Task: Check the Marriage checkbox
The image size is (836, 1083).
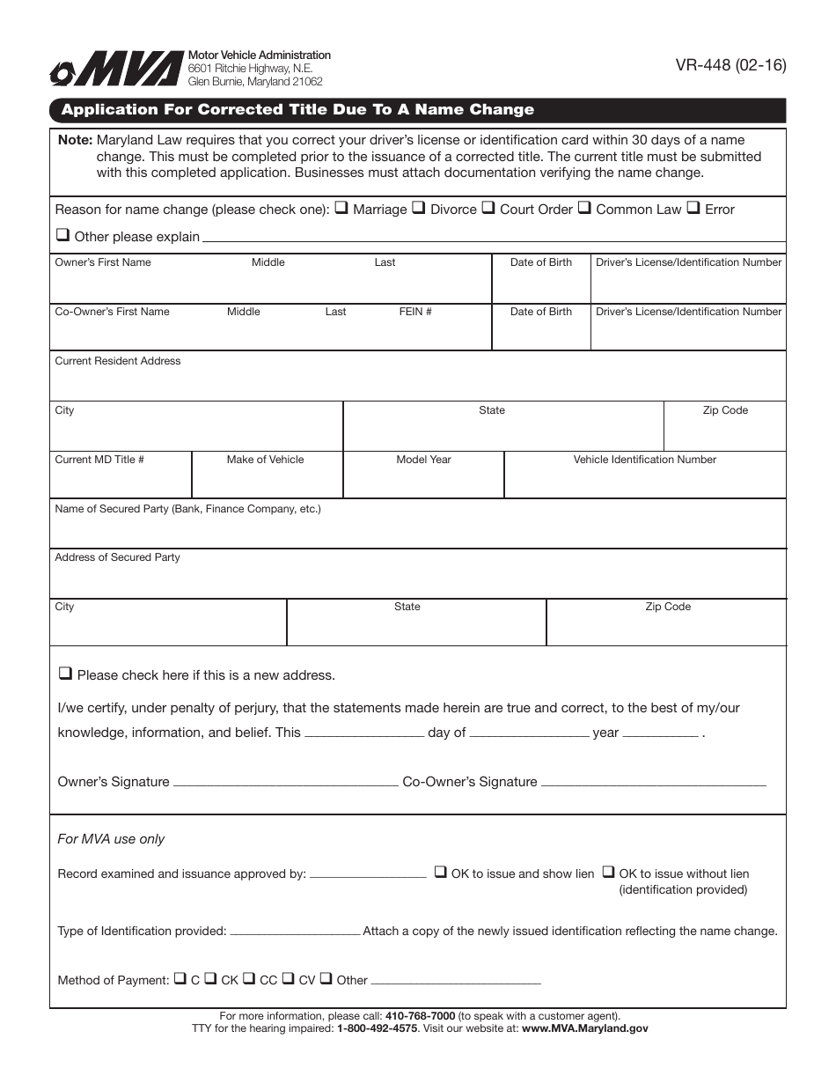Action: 341,209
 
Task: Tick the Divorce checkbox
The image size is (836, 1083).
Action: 419,209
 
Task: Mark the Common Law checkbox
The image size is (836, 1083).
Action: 584,209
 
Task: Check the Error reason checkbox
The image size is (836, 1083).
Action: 693,209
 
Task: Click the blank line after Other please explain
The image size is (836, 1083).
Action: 493,239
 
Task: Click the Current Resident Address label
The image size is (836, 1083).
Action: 118,361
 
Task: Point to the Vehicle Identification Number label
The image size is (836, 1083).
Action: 644,460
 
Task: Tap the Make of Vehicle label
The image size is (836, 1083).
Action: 265,460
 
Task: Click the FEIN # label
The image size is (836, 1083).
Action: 415,312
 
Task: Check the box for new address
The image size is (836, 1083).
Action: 64,674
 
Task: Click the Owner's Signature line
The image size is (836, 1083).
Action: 285,783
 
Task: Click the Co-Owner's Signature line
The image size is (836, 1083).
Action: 652,783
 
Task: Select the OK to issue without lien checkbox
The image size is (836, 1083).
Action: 608,873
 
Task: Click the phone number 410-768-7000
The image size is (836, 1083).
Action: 420,1015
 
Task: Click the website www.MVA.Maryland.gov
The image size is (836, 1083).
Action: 584,1028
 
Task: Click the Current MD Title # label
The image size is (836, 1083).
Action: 99,460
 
